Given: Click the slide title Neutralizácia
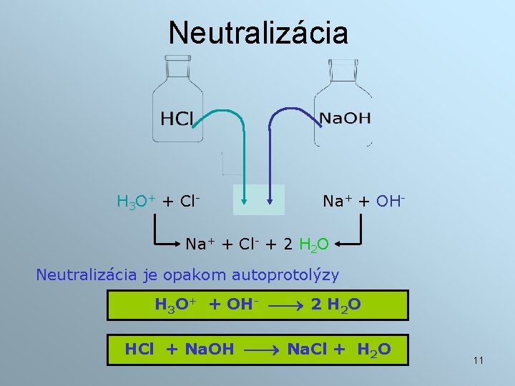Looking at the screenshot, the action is coord(258,33).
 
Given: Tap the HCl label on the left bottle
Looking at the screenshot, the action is coord(177,119).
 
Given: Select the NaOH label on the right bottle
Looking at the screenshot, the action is coord(345,119).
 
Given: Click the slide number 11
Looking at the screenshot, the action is coord(478,360).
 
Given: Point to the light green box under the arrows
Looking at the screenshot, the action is coord(258,199).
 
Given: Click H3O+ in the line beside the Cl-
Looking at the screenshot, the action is coord(136,202).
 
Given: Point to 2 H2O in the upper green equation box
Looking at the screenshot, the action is coord(336,305).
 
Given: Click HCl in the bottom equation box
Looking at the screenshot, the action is coord(140,350).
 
